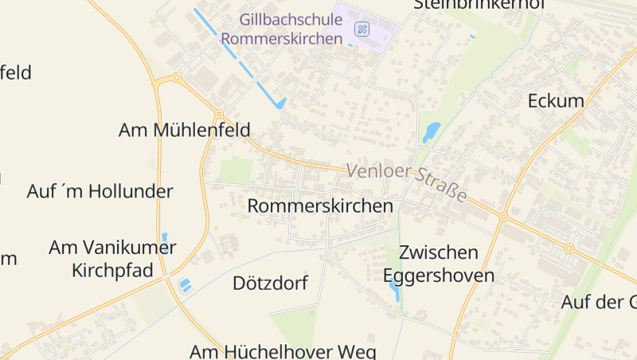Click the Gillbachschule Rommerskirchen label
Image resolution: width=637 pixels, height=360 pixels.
[x=282, y=28]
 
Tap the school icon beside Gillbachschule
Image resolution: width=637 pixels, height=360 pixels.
[x=361, y=29]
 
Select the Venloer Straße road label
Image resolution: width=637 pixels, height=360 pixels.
[x=407, y=182]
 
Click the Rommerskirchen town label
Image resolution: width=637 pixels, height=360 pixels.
[x=321, y=205]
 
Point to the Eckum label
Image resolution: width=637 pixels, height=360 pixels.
[x=556, y=101]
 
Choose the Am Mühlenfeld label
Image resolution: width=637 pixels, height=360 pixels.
[x=184, y=130]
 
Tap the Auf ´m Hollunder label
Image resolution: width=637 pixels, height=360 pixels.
[x=100, y=191]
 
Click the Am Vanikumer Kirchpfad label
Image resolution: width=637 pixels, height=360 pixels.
[x=112, y=259]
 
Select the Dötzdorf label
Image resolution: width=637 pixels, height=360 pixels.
[x=270, y=283]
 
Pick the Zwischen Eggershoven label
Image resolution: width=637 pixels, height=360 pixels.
[x=439, y=264]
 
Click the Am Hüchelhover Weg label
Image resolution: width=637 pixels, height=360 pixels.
[x=282, y=350]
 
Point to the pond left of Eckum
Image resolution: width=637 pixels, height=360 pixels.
[x=431, y=131]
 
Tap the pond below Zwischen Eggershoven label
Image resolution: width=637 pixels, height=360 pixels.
[x=395, y=292]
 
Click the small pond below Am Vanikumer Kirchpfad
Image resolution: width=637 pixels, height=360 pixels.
[x=185, y=284]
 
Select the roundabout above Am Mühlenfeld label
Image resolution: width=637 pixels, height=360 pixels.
[x=176, y=79]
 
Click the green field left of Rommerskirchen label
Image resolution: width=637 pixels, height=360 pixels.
[x=236, y=170]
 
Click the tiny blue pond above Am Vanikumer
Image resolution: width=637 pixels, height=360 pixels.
[x=165, y=237]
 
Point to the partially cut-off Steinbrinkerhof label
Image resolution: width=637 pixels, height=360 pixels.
[x=479, y=5]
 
